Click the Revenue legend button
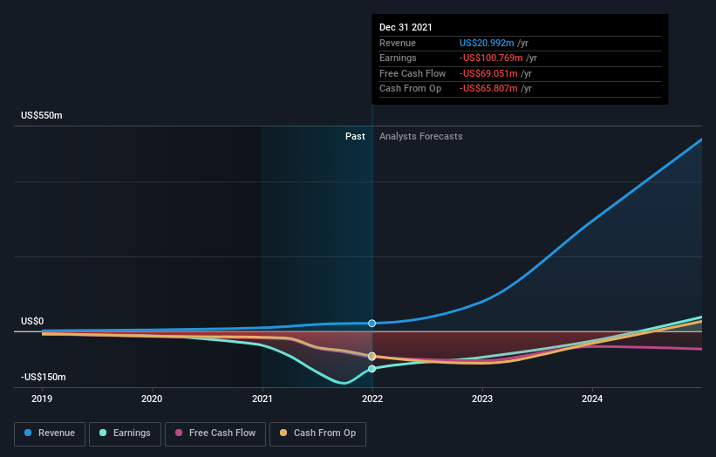point(50,433)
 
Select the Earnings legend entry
point(126,433)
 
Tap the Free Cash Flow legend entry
point(215,433)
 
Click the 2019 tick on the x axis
point(43,399)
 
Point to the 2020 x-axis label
point(153,399)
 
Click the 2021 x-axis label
point(263,399)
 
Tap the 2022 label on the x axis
point(372,399)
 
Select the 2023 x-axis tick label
point(482,399)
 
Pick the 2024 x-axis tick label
point(592,399)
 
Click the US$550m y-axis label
point(43,116)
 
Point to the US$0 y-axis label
point(32,321)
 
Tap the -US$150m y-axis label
point(44,377)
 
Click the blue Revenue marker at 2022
point(372,324)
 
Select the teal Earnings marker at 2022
point(372,369)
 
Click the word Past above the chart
point(355,136)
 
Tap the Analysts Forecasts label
point(420,136)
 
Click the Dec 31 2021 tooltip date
point(406,28)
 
